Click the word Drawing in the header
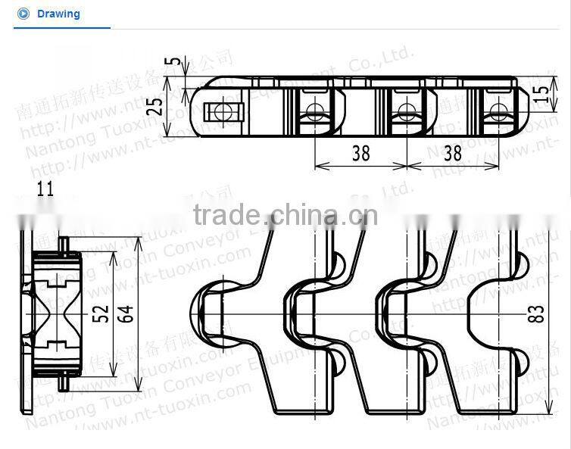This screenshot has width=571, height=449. (58, 14)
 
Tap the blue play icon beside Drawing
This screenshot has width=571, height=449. (23, 14)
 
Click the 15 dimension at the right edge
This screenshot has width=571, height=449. (540, 93)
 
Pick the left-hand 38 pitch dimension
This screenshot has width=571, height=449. (360, 153)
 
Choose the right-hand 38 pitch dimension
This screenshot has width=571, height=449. (452, 153)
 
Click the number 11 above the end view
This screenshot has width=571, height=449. (45, 189)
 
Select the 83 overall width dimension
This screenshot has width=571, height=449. (537, 313)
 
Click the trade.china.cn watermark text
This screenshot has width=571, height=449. (285, 217)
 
